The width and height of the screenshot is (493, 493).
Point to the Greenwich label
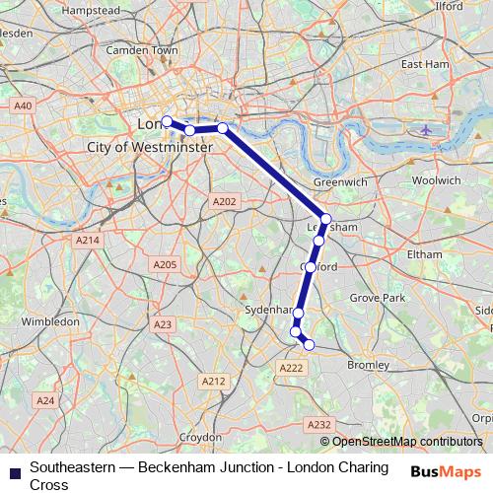339,183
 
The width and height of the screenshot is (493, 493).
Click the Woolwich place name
435,180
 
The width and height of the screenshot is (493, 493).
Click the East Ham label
425,64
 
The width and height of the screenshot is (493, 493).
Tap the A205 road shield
164,265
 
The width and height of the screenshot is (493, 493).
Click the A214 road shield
88,240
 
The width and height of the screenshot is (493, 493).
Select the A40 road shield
23,105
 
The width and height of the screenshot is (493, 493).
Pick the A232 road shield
318,424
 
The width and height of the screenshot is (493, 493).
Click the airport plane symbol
426,129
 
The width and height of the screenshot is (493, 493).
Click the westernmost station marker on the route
167,121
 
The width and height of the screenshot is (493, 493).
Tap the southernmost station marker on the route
309,344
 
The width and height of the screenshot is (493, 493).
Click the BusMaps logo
446,471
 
